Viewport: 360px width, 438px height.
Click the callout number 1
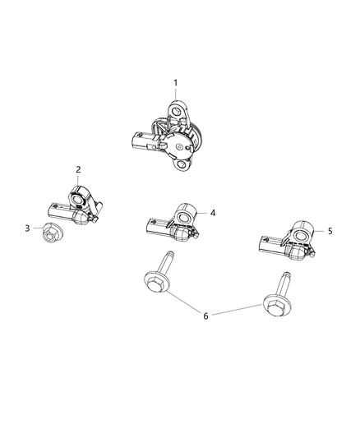[174, 82]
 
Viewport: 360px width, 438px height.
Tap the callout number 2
[79, 170]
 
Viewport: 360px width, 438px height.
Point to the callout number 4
[212, 213]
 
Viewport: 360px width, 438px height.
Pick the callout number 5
[330, 232]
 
